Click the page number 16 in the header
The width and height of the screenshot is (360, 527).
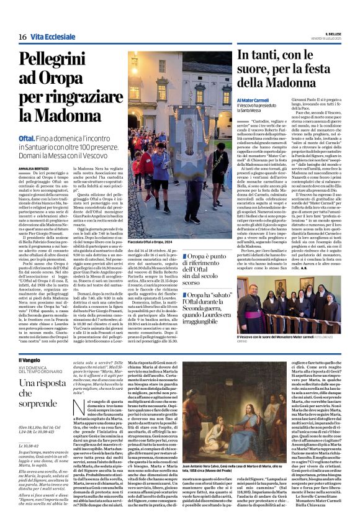tap(22, 37)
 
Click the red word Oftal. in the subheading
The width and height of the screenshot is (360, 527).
tap(27, 137)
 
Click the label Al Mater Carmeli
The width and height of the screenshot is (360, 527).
tap(253, 99)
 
